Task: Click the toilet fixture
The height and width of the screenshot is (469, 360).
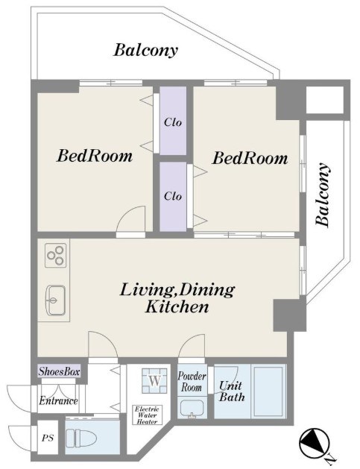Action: (x=81, y=438)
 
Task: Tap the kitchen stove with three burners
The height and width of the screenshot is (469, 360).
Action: (x=56, y=255)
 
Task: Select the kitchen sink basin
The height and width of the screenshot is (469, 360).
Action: (x=55, y=300)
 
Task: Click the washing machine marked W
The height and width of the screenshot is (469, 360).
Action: (x=154, y=380)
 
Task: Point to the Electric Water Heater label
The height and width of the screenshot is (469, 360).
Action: (x=147, y=415)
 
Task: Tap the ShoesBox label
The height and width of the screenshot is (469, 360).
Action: (x=59, y=371)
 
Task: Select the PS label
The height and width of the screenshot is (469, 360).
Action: (x=48, y=438)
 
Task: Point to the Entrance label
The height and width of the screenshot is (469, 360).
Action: (x=59, y=400)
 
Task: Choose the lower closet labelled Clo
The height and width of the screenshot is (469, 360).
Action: (x=173, y=196)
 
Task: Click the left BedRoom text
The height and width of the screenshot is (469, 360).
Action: (x=95, y=156)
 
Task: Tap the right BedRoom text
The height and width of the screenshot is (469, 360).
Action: (x=250, y=158)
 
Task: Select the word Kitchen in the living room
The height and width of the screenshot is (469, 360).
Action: (x=177, y=307)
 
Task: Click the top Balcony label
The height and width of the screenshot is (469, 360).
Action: (x=145, y=50)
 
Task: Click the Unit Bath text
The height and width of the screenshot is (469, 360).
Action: (x=232, y=391)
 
